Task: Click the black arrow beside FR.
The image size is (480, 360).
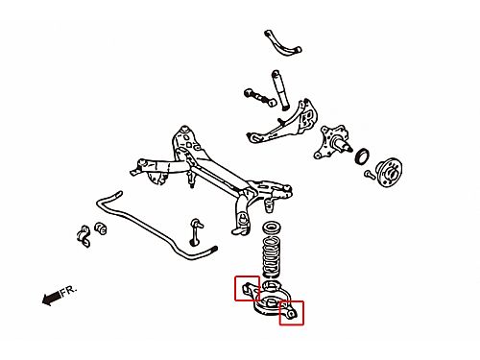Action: coord(51,298)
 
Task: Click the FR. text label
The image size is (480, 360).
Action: coord(69,291)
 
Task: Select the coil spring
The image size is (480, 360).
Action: coord(272,257)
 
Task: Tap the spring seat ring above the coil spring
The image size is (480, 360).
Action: coord(272,228)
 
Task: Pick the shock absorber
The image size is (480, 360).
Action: coord(280,90)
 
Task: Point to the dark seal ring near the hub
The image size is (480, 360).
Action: coord(362,156)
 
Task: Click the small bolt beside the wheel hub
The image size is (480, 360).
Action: coord(370,174)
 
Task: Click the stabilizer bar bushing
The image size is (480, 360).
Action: coord(101,228)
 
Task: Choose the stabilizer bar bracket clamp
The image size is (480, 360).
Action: coord(84,236)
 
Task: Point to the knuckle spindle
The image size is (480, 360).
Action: coord(333,142)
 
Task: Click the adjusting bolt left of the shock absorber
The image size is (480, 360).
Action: coord(260,97)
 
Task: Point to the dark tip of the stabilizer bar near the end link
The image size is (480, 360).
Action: coord(213,249)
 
